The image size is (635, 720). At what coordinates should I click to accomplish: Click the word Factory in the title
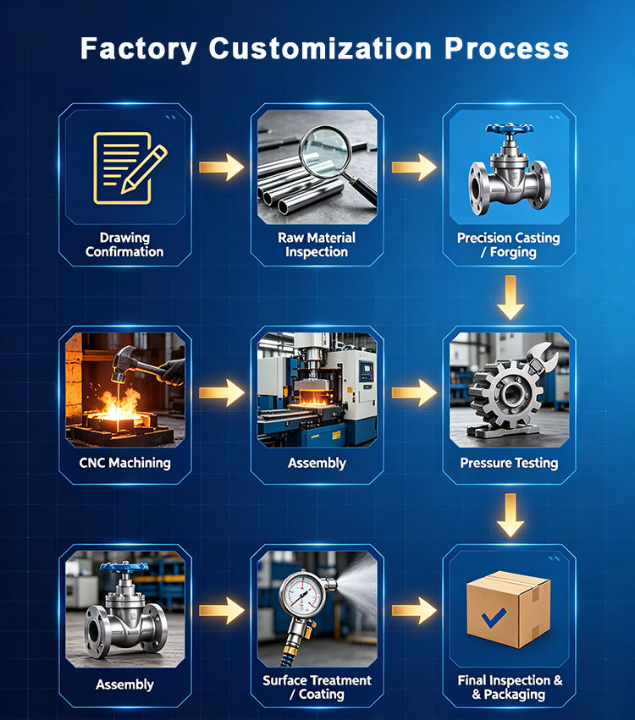(139, 49)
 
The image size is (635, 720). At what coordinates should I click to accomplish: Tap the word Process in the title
(506, 48)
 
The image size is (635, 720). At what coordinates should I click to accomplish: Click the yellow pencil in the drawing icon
(144, 168)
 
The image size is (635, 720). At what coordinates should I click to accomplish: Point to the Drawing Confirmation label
(124, 245)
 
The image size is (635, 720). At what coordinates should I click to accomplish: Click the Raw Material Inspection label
(317, 245)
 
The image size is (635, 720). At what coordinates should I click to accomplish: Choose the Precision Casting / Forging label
(509, 245)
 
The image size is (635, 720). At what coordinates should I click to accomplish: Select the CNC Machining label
(124, 463)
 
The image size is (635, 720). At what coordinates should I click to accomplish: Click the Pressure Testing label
(509, 463)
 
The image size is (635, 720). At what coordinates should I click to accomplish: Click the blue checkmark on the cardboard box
(494, 618)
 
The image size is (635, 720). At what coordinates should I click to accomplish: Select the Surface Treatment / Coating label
(317, 687)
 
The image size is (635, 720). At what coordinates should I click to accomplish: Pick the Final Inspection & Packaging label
(510, 687)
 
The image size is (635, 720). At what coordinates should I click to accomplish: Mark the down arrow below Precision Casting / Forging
(510, 298)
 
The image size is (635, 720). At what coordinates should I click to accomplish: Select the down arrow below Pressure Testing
(510, 515)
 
